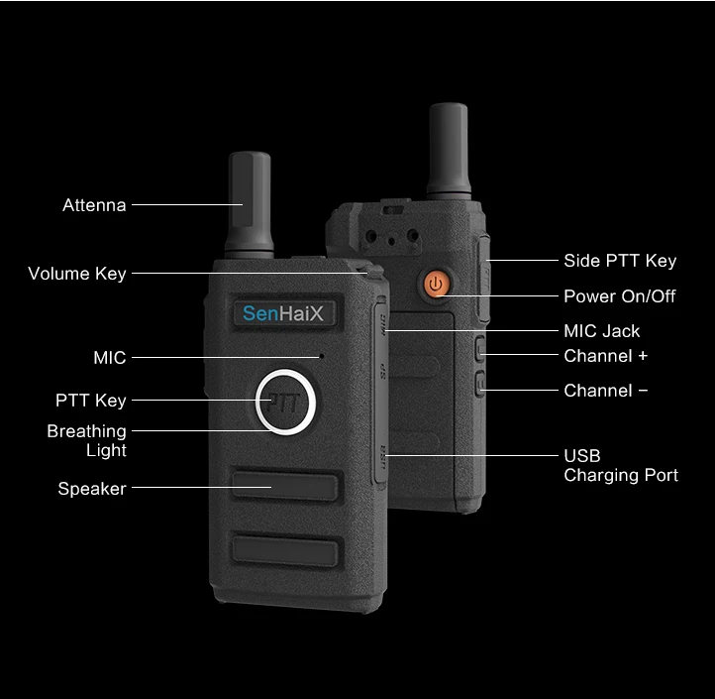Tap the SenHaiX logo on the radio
click(x=283, y=313)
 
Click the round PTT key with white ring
click(x=285, y=403)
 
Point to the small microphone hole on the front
click(x=322, y=356)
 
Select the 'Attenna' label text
click(x=94, y=205)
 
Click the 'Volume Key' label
click(x=77, y=274)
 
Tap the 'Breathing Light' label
click(x=86, y=440)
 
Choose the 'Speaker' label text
click(x=92, y=489)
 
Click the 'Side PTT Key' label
click(x=620, y=261)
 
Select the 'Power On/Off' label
click(x=620, y=296)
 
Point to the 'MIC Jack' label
click(x=602, y=331)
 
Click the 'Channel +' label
click(x=605, y=356)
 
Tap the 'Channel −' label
click(x=605, y=391)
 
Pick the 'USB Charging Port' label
click(x=621, y=465)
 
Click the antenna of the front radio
click(x=250, y=205)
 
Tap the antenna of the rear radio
click(x=449, y=151)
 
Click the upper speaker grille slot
click(x=285, y=486)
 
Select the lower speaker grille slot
click(x=286, y=551)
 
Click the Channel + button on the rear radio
click(x=480, y=349)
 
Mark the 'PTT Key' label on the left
click(x=91, y=401)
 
